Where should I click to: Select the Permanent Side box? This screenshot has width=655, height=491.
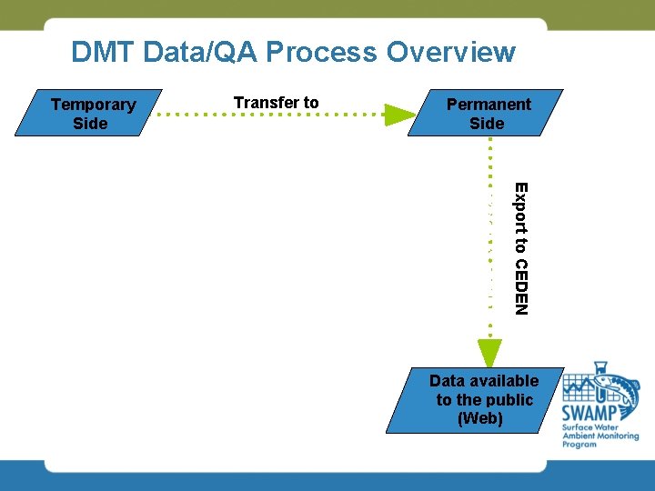pos(486,113)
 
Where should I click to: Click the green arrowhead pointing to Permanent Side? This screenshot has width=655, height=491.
pos(398,115)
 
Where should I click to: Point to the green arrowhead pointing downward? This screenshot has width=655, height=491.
pos(489,353)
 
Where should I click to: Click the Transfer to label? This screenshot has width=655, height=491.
pos(276,103)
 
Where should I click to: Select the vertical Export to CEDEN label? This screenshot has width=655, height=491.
pos(520,248)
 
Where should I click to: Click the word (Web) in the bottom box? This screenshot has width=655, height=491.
pos(481,418)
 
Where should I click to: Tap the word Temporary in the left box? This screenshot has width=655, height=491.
pos(93,104)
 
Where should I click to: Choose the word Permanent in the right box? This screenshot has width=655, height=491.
pos(489,104)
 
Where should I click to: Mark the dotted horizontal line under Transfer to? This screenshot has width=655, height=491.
pos(273,115)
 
